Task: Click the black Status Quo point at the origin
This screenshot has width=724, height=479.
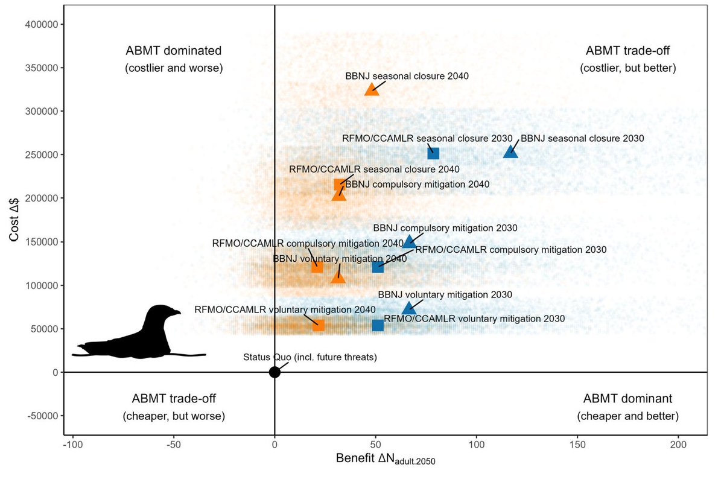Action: pyautogui.click(x=275, y=372)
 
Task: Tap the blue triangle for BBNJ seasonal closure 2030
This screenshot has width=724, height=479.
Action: pyautogui.click(x=510, y=151)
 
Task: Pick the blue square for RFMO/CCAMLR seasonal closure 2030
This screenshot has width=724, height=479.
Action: pyautogui.click(x=433, y=153)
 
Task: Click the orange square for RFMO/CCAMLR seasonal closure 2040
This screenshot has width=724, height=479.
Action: pyautogui.click(x=340, y=184)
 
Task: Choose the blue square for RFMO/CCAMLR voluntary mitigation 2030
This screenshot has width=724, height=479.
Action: pyautogui.click(x=378, y=325)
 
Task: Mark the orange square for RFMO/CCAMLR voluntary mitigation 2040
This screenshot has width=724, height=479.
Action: pyautogui.click(x=319, y=325)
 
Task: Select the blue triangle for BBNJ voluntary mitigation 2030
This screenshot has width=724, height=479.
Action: pyautogui.click(x=409, y=308)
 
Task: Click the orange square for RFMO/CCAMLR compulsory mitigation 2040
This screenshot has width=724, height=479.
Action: pyautogui.click(x=317, y=266)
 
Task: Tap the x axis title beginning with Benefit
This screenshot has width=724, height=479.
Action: pyautogui.click(x=386, y=460)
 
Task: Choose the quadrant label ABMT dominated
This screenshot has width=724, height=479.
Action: pyautogui.click(x=174, y=50)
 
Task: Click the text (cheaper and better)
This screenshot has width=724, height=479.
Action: pyautogui.click(x=627, y=416)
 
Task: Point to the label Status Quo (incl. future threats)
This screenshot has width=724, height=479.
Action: pyautogui.click(x=310, y=357)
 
